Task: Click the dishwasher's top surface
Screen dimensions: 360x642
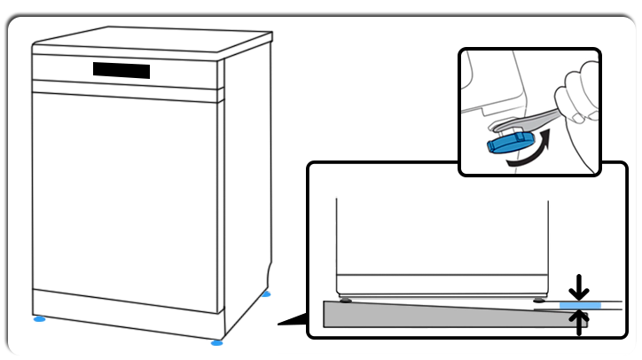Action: coord(151,40)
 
